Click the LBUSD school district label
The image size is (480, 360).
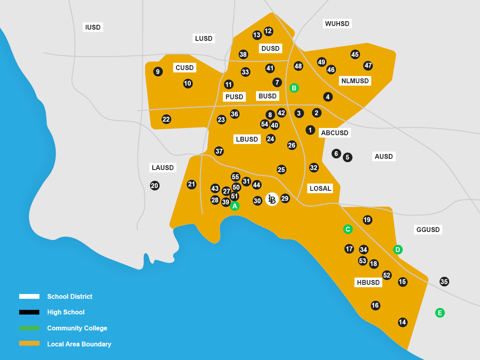click(247, 139)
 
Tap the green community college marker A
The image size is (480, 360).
click(235, 206)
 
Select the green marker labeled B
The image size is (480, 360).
click(294, 88)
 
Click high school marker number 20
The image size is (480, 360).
click(155, 186)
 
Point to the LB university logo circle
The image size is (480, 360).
click(272, 199)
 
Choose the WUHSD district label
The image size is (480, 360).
click(337, 24)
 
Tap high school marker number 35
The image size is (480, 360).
click(444, 282)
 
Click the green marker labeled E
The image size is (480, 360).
click(440, 313)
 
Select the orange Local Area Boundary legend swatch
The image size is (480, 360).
click(29, 343)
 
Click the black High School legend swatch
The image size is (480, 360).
click(29, 312)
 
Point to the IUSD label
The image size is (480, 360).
click(93, 27)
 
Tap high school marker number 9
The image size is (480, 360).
click(158, 72)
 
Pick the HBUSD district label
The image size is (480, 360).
click(368, 282)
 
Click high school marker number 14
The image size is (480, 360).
click(402, 322)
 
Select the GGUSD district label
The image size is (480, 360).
click(428, 230)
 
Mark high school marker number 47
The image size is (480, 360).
click(368, 66)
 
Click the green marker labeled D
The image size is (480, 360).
click(398, 250)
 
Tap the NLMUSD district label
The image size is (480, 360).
click(355, 81)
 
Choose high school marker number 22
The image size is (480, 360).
click(166, 119)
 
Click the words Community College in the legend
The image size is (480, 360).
click(77, 328)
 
